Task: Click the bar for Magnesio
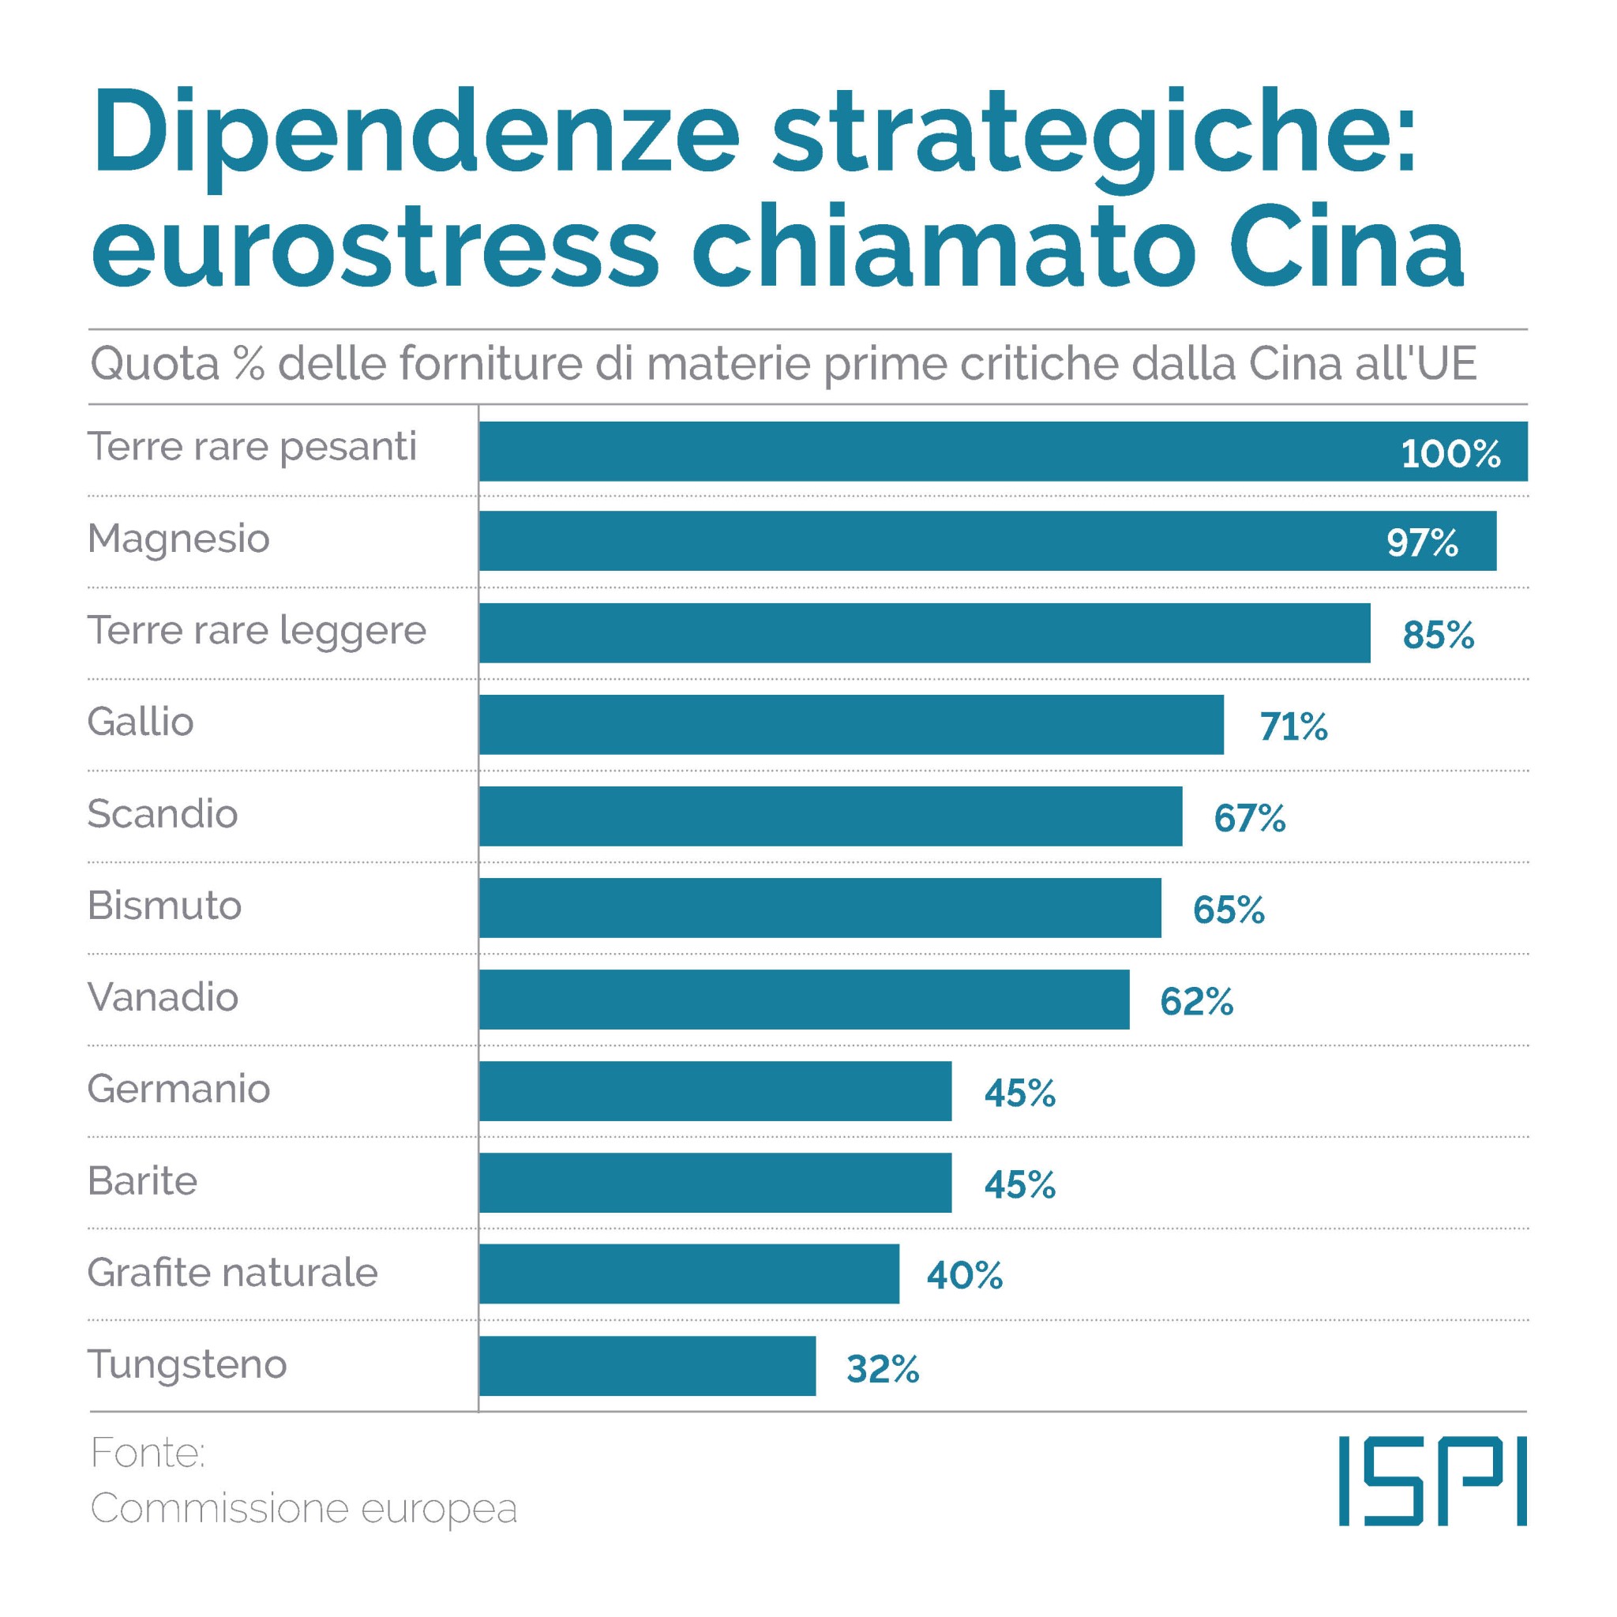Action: coord(988,541)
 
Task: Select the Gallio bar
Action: coord(851,724)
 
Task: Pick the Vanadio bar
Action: coord(804,1000)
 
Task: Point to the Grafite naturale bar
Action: coord(688,1274)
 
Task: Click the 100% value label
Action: coord(1450,454)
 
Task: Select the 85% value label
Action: coord(1438,636)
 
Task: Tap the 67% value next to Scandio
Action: coord(1250,818)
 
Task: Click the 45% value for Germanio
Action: coord(1019,1093)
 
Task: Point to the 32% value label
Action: coord(882,1369)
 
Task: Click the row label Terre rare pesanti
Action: coord(252,447)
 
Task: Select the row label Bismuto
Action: coord(165,906)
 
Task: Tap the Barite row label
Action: coord(142,1181)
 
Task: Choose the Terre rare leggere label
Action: coord(257,631)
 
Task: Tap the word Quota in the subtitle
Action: coord(155,365)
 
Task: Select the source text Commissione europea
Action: coord(304,1508)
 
